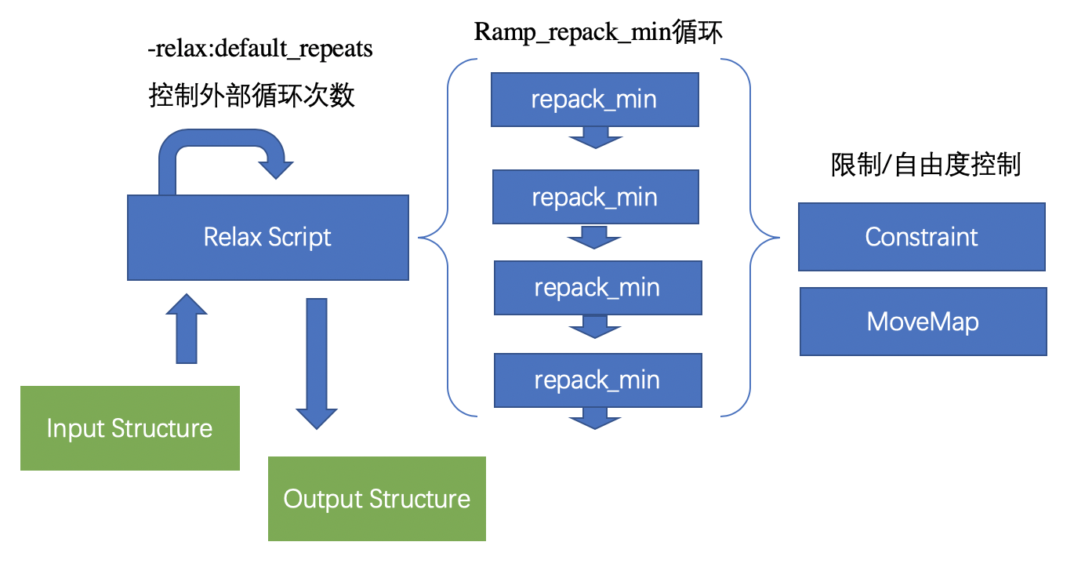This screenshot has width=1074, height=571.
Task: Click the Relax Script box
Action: pyautogui.click(x=267, y=238)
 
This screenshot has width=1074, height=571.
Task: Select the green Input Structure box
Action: pyautogui.click(x=129, y=428)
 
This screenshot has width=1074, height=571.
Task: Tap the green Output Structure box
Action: pyautogui.click(x=376, y=499)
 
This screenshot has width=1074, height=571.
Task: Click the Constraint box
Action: pyautogui.click(x=921, y=237)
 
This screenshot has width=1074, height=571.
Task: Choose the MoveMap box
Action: pyautogui.click(x=923, y=322)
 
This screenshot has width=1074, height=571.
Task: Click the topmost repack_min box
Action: pyautogui.click(x=594, y=100)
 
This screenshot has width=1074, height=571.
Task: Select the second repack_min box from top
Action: pyautogui.click(x=594, y=197)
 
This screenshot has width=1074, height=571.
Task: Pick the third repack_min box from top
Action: pyautogui.click(x=597, y=288)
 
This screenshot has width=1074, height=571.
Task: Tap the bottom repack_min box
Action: pyautogui.click(x=597, y=380)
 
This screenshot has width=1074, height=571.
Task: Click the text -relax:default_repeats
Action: pyautogui.click(x=260, y=49)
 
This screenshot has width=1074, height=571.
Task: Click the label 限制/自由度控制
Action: pyautogui.click(x=925, y=165)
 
